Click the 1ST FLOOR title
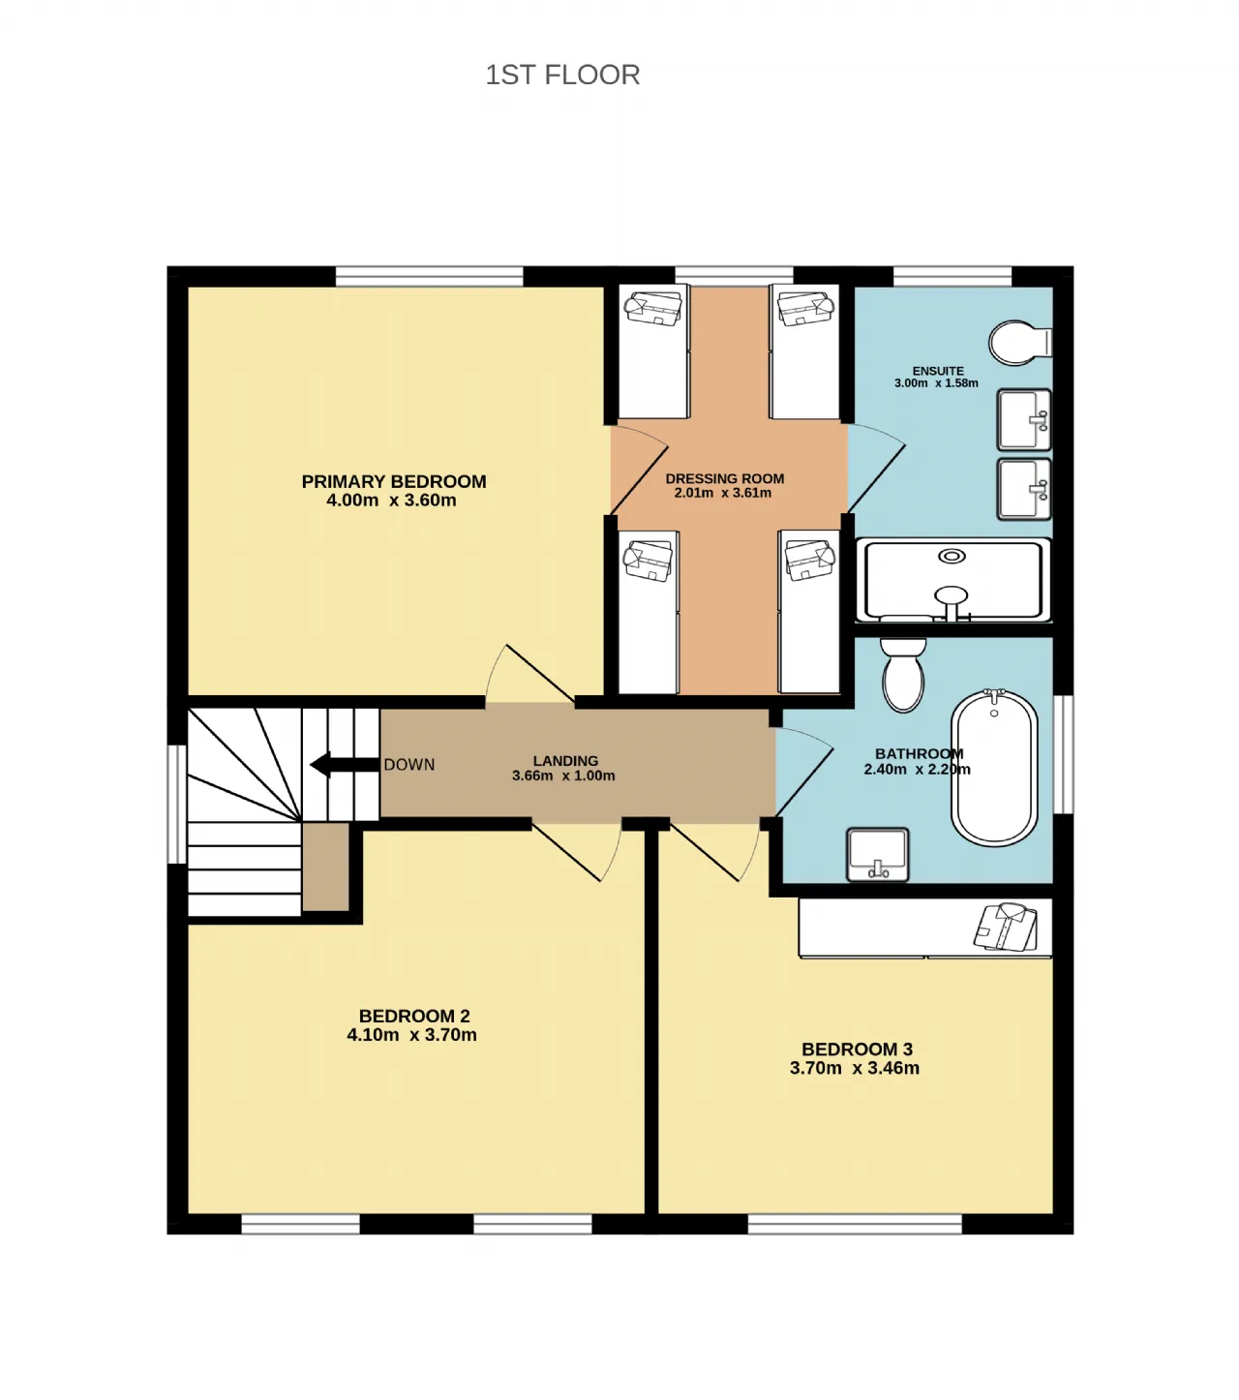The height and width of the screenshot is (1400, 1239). coord(561,75)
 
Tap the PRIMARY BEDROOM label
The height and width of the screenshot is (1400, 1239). coord(393,481)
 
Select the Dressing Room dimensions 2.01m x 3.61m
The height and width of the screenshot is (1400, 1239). coord(723,493)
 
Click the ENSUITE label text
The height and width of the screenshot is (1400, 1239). coord(938,371)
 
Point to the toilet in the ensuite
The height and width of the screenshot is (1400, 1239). coord(1020,342)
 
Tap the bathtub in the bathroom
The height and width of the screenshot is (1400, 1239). coord(994,767)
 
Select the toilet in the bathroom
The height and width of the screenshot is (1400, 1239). coord(903,675)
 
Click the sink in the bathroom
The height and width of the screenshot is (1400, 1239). coord(878,854)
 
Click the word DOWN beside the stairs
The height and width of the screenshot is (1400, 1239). coord(409,764)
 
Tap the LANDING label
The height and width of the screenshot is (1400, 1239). coord(565,761)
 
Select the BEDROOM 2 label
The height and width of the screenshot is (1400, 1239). coord(414,1016)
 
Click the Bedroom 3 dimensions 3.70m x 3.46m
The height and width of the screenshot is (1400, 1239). coord(855,1068)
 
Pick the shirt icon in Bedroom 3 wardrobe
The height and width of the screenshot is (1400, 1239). coord(1006,927)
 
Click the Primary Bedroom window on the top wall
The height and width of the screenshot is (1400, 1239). coord(429,276)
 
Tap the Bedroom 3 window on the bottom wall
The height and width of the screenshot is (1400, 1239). coord(855,1224)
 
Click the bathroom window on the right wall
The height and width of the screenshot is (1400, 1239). coord(1063,754)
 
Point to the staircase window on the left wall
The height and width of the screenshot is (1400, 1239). coord(177,804)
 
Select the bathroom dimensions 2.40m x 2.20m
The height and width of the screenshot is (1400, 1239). coord(917,769)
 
